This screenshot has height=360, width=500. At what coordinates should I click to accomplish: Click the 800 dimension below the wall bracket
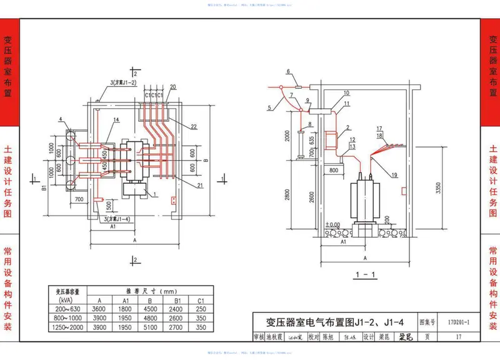tap(334, 169)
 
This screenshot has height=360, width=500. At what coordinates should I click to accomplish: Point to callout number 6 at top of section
tap(288, 72)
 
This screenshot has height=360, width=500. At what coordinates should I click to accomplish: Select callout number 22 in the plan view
tap(194, 127)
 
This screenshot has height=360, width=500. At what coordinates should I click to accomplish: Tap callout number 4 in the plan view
tap(61, 119)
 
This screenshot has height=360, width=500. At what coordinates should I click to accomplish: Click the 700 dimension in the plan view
tap(78, 199)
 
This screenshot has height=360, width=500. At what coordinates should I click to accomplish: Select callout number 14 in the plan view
tap(116, 119)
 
